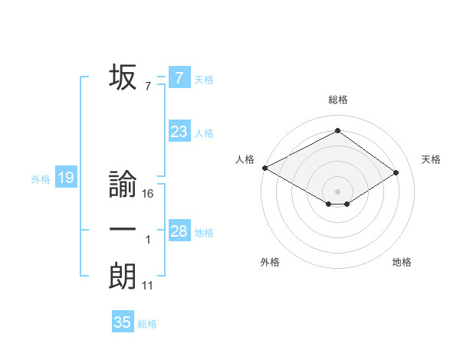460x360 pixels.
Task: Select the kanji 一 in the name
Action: pyautogui.click(x=123, y=231)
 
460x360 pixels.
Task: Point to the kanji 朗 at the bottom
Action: pyautogui.click(x=123, y=276)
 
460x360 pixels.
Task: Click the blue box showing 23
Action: pyautogui.click(x=179, y=132)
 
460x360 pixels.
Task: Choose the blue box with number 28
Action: pyautogui.click(x=179, y=231)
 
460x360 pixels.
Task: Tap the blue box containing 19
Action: pyautogui.click(x=66, y=178)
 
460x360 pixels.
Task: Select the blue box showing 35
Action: pyautogui.click(x=123, y=322)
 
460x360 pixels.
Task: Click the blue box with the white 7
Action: pyautogui.click(x=179, y=77)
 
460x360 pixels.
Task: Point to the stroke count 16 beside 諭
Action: pyautogui.click(x=148, y=194)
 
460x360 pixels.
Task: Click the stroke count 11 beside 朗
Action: pyautogui.click(x=148, y=286)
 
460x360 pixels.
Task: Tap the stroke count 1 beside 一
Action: pyautogui.click(x=147, y=240)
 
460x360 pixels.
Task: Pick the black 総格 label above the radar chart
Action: pyautogui.click(x=337, y=100)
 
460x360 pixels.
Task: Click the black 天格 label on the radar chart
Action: pyautogui.click(x=431, y=159)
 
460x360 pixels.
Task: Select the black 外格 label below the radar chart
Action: pyautogui.click(x=269, y=262)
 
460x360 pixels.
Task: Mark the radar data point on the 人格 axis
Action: pyautogui.click(x=264, y=168)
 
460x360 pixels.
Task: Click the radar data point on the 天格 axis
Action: pyautogui.click(x=396, y=172)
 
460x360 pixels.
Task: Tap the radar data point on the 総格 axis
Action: pyautogui.click(x=337, y=130)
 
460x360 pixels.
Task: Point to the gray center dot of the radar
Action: pyautogui.click(x=337, y=191)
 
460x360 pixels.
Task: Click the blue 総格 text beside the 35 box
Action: pyautogui.click(x=147, y=324)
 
